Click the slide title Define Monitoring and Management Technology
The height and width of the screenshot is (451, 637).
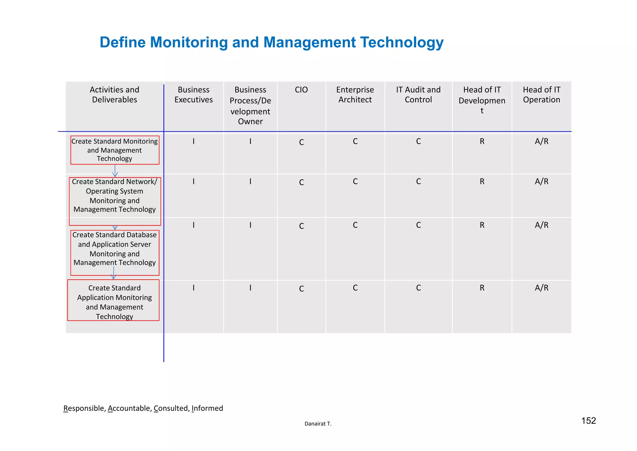coord(271,42)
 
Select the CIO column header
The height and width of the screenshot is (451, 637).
coord(301,90)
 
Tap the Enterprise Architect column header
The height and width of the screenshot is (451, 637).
coord(355,95)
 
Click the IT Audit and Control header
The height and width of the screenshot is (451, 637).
coord(418,95)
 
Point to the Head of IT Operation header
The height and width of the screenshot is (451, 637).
coord(541,95)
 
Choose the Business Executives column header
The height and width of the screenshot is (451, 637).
coord(193,95)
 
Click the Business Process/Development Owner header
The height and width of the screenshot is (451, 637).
coord(250,106)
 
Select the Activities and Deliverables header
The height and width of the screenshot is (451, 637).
coord(114,95)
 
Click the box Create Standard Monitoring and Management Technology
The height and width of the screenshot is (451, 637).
coord(114,150)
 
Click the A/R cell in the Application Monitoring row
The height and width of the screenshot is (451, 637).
coord(542,288)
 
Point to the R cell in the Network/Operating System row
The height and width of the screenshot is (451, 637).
coord(482,182)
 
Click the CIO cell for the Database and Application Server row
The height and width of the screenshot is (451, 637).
coord(301,226)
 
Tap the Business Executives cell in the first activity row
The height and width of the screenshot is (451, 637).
coord(193,142)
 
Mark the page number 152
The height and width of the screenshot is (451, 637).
coord(588,421)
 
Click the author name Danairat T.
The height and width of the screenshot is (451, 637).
coord(318,424)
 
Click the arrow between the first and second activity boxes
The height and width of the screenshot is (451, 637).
coord(115,171)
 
